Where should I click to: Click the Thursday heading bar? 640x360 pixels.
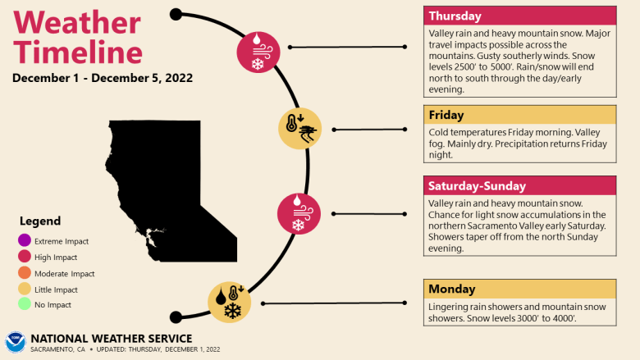pos(519,16)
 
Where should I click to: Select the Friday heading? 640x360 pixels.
pos(519,115)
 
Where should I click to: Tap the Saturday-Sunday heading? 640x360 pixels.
pos(519,186)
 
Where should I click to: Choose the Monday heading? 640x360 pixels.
pos(519,289)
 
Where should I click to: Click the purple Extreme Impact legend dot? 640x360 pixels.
pos(24,241)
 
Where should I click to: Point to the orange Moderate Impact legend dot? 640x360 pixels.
pos(24,274)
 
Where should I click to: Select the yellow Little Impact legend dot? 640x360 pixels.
pos(24,290)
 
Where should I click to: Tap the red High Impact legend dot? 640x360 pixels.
pos(24,257)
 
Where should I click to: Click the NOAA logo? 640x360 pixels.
pos(16,343)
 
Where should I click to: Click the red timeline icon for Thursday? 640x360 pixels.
pos(258,51)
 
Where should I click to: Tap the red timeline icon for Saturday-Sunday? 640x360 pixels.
pos(298,213)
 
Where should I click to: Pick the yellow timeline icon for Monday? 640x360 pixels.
pos(230,302)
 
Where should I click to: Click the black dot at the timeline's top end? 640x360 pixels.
pos(176,14)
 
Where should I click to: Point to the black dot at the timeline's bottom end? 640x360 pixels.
pos(175,317)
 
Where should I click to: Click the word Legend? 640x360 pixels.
pos(40,221)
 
